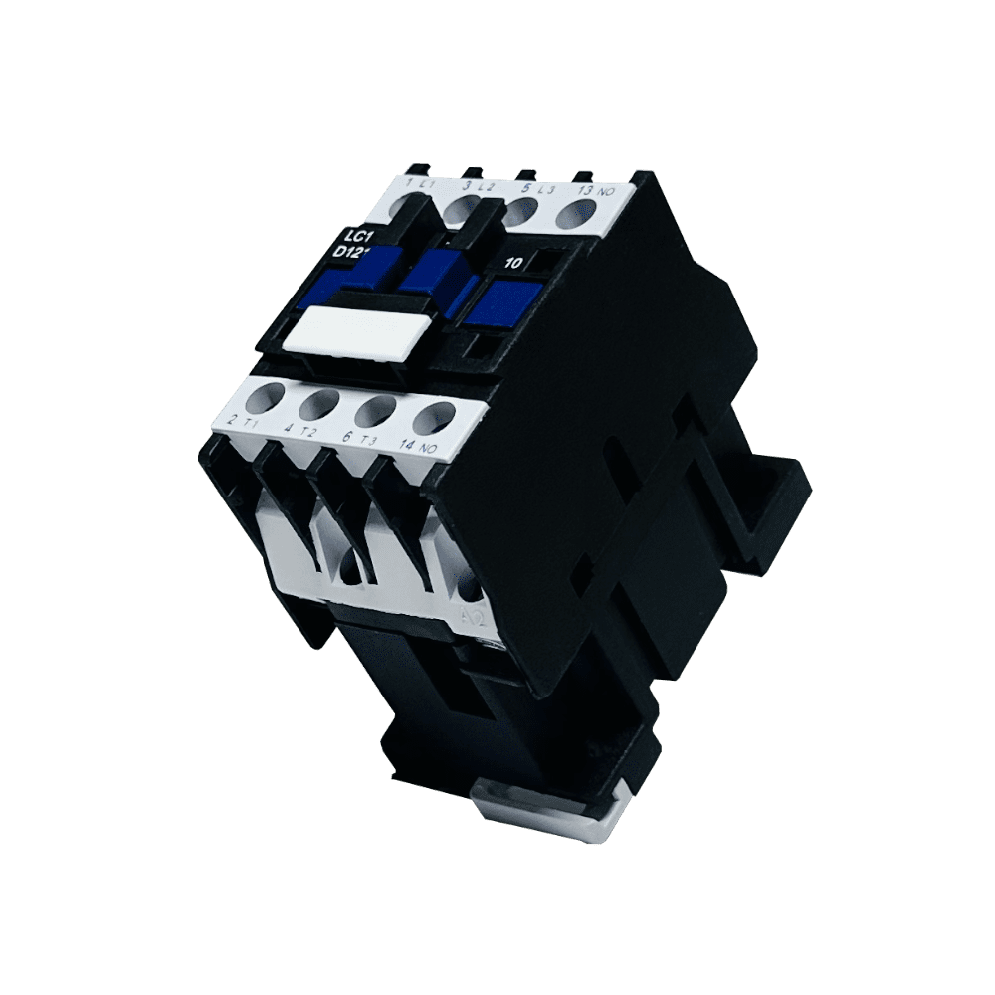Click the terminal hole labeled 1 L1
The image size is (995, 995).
point(407,209)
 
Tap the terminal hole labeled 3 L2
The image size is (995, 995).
point(461,210)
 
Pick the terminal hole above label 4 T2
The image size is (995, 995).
point(318,404)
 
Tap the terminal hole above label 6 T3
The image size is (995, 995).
point(376,409)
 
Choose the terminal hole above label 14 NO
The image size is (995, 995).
point(434,417)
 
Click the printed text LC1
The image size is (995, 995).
point(356,237)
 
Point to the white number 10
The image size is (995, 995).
point(513,264)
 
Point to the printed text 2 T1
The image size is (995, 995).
point(243,422)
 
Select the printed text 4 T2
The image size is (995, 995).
point(299,430)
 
